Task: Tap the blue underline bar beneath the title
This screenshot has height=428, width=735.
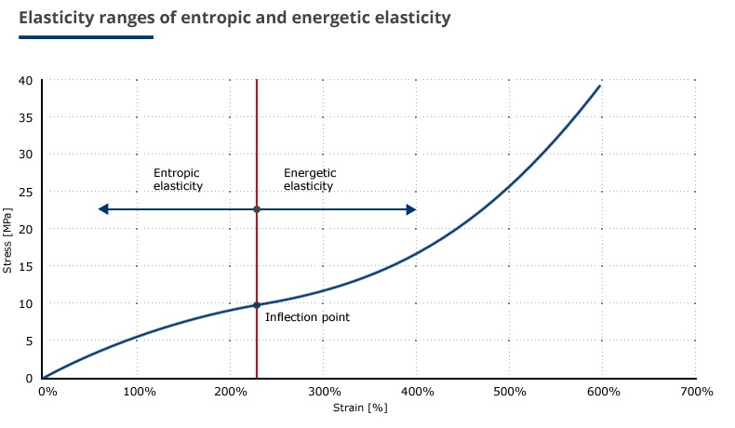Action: (x=86, y=37)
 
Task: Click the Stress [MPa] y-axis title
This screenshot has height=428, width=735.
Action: (x=7, y=240)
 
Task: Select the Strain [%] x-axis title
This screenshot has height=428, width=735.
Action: (x=360, y=408)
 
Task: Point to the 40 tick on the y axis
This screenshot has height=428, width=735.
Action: (x=26, y=80)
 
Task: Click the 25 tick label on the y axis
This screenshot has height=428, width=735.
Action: (x=26, y=192)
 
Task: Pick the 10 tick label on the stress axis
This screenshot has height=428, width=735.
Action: (x=26, y=303)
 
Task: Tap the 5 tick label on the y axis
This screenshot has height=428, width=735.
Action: (x=29, y=341)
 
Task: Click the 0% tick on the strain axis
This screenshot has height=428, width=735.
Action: (x=47, y=392)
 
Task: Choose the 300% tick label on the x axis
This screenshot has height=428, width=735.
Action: (x=324, y=392)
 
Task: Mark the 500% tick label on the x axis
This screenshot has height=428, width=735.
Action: (x=510, y=392)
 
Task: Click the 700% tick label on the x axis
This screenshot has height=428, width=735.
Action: (x=696, y=392)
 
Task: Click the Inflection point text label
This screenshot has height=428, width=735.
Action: (x=307, y=318)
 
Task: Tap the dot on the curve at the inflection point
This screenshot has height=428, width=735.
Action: (x=257, y=305)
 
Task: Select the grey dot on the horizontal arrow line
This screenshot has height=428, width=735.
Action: (x=257, y=209)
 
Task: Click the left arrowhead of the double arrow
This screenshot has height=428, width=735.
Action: (x=103, y=209)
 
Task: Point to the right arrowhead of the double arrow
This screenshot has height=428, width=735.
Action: (x=410, y=209)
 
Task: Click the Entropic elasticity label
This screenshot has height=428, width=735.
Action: (x=178, y=180)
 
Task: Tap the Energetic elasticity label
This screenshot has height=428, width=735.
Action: (x=310, y=180)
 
